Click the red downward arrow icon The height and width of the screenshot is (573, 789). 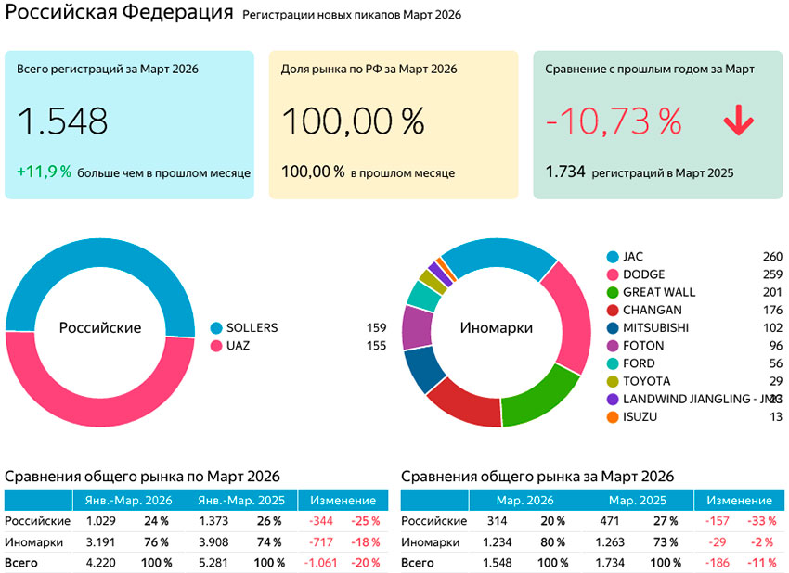[738, 121]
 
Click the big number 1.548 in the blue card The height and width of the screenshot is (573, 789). [62, 121]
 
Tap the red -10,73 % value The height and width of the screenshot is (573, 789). [614, 121]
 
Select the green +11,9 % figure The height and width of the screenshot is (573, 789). [44, 172]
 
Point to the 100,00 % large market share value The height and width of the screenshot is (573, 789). [352, 121]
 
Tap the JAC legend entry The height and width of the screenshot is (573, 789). [632, 257]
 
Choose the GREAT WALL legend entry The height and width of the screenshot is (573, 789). [658, 292]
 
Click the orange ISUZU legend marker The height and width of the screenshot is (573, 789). [612, 417]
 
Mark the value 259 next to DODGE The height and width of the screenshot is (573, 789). [771, 274]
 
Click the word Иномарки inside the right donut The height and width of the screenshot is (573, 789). [496, 328]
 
